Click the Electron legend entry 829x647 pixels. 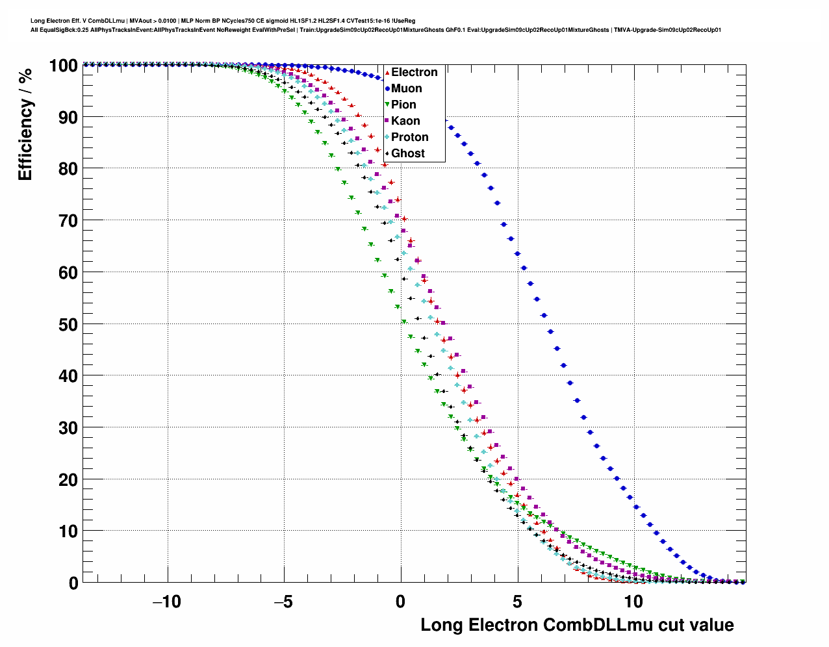coord(414,72)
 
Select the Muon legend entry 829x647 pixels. coord(406,88)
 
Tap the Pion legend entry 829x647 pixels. coord(403,105)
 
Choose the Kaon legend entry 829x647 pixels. coord(405,121)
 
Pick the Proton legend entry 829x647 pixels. coord(409,137)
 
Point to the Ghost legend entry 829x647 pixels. coord(407,153)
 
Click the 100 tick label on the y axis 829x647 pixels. coord(63,66)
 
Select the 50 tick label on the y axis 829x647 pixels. coord(68,324)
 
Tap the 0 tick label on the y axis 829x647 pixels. coord(73,583)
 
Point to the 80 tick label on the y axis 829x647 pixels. coord(68,169)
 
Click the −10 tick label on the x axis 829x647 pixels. coord(167,602)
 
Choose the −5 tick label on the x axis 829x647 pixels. coord(283,602)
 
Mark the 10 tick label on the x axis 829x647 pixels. coord(633,602)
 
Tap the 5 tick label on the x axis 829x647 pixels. coord(517,602)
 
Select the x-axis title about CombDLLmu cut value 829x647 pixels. coord(577,625)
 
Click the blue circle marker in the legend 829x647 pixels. coord(387,88)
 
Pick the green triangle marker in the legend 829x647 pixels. coord(387,105)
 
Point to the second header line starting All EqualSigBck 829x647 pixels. coord(376,30)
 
